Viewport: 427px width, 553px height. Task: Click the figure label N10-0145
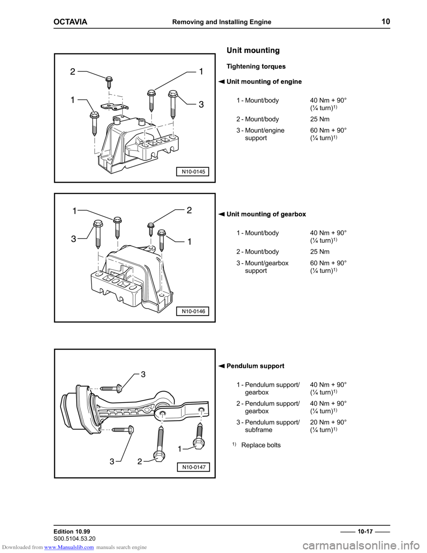(193, 171)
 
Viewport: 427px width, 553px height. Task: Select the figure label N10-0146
(193, 311)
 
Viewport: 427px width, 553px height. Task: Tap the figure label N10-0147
(193, 467)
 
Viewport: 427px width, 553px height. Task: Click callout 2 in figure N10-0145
(72, 71)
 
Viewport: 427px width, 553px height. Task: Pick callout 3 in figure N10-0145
(201, 105)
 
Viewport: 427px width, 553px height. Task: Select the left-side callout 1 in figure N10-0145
(72, 100)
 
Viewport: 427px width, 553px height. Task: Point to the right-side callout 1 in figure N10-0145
(201, 71)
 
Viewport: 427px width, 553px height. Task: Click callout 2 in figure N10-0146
(189, 210)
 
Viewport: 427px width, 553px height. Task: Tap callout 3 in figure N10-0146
(73, 239)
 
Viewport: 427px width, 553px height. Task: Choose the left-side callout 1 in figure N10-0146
(74, 211)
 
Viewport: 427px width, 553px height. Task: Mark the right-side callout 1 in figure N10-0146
(189, 242)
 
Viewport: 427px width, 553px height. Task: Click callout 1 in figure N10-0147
(179, 449)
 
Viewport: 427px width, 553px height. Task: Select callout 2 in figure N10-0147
(140, 462)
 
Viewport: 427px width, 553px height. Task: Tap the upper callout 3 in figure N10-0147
(143, 374)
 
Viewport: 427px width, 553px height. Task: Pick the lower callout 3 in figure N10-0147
(112, 462)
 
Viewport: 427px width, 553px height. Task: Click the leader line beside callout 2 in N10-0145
(96, 74)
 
